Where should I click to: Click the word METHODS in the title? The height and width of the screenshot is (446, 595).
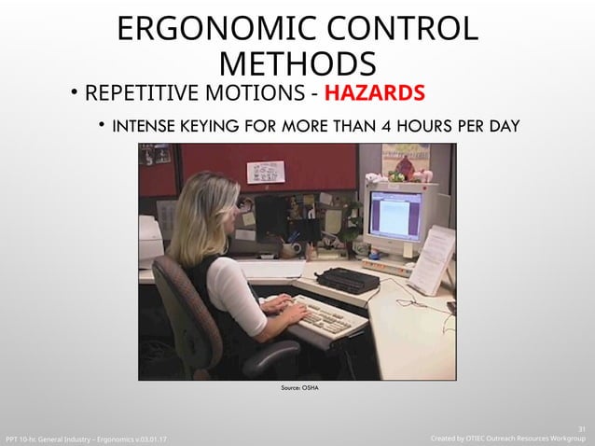[299, 64]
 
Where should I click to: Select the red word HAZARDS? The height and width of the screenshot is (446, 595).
[377, 94]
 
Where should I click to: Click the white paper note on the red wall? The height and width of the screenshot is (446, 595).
[266, 172]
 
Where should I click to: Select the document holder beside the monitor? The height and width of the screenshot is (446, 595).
[431, 257]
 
